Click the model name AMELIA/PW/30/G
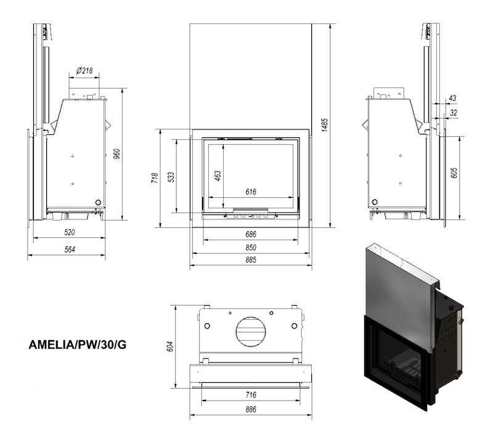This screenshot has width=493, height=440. (78, 344)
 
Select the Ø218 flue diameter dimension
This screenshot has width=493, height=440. (84, 71)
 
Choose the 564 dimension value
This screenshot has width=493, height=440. (69, 249)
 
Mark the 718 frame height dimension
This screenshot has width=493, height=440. (155, 178)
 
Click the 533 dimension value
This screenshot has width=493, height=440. (172, 177)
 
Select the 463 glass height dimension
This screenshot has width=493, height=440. (218, 175)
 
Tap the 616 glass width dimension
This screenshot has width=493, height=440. (250, 192)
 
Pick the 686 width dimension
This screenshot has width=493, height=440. (250, 234)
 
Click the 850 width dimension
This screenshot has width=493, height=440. (250, 247)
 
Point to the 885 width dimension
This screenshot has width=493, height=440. (250, 260)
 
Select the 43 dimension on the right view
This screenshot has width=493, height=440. (452, 98)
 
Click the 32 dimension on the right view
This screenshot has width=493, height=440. (454, 113)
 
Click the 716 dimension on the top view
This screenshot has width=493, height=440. (250, 394)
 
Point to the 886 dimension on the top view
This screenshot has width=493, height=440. (250, 409)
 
